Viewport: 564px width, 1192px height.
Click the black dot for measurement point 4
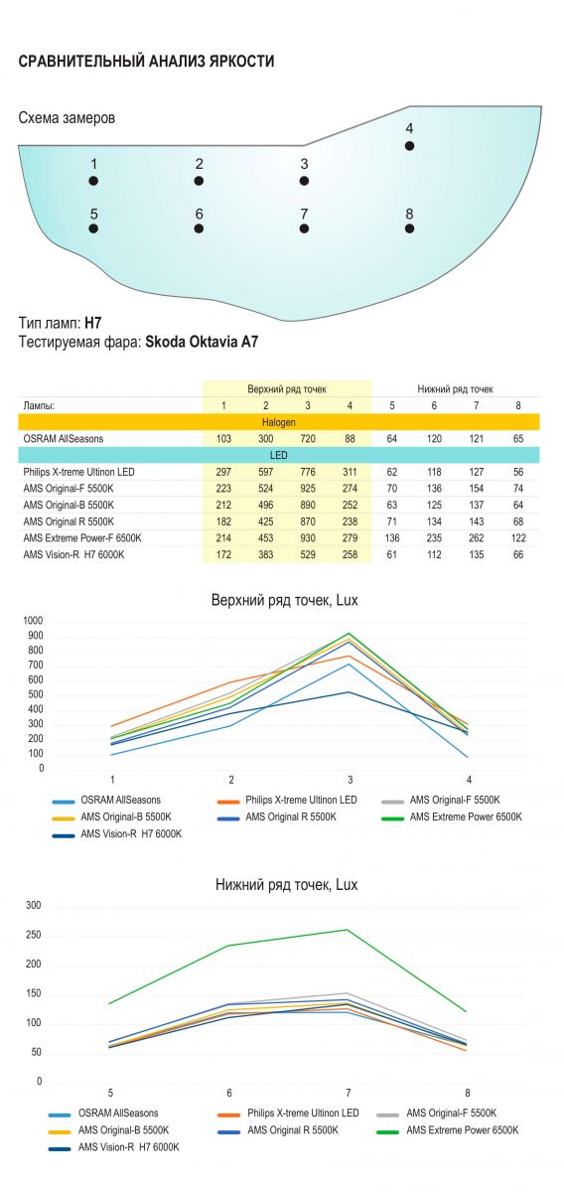pyautogui.click(x=409, y=146)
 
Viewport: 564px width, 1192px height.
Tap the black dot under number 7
pyautogui.click(x=304, y=228)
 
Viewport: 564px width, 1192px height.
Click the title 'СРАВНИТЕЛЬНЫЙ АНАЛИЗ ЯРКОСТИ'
pyautogui.click(x=146, y=62)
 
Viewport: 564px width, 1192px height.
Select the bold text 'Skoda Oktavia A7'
pyautogui.click(x=202, y=341)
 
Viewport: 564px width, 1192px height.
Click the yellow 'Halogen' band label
pyautogui.click(x=278, y=422)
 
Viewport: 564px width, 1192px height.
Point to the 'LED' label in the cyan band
pyautogui.click(x=278, y=455)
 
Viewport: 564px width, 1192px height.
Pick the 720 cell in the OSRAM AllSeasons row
pyautogui.click(x=308, y=438)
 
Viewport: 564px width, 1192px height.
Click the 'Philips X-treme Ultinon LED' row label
pyautogui.click(x=78, y=472)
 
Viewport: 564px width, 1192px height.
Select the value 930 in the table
pyautogui.click(x=308, y=538)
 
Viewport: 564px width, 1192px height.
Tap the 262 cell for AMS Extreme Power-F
pyautogui.click(x=477, y=538)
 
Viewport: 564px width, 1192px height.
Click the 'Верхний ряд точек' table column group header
pyautogui.click(x=287, y=389)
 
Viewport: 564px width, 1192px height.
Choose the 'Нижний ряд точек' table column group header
pyautogui.click(x=455, y=389)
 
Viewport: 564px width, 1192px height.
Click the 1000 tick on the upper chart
pyautogui.click(x=33, y=621)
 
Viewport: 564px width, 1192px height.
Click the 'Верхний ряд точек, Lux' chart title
pyautogui.click(x=285, y=600)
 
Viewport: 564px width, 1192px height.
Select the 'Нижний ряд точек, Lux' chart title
pyautogui.click(x=286, y=885)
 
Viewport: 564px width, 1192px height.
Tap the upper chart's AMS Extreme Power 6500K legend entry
pyautogui.click(x=452, y=817)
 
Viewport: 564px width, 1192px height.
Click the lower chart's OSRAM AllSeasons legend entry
pyautogui.click(x=103, y=1114)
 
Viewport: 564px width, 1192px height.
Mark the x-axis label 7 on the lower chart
pyautogui.click(x=349, y=1093)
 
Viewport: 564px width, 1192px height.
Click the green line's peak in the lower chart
pyautogui.click(x=348, y=930)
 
